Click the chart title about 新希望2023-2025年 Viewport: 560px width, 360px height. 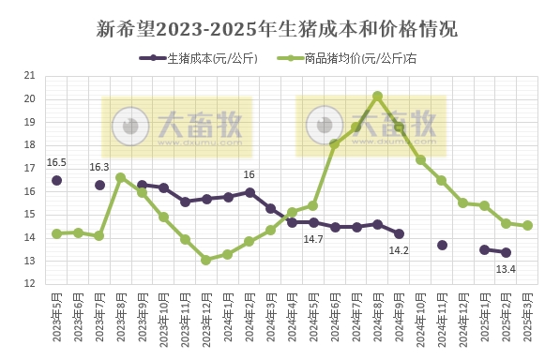click(x=280, y=28)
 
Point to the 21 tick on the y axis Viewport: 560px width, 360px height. click(x=29, y=76)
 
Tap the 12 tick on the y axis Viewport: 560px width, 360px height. click(x=29, y=283)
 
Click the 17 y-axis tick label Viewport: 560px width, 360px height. click(x=29, y=168)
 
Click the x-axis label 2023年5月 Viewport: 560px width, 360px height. click(x=56, y=316)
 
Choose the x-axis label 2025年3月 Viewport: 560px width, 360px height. click(x=527, y=316)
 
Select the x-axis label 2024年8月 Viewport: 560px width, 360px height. click(x=377, y=316)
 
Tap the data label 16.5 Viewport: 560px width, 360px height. click(x=56, y=162)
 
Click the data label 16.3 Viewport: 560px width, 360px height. click(x=99, y=167)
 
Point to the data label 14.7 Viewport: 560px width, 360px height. click(x=312, y=240)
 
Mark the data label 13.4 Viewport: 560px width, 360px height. click(x=507, y=270)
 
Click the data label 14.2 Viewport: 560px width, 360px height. click(x=399, y=250)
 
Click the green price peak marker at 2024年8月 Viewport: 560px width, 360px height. click(x=377, y=96)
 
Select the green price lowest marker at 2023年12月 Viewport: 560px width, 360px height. click(x=206, y=260)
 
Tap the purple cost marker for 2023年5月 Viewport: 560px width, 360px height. click(x=56, y=180)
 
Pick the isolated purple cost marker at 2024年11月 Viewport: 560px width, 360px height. click(x=442, y=245)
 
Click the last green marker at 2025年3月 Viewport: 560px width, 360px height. click(x=527, y=225)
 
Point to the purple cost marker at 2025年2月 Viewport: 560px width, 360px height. click(x=506, y=252)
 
